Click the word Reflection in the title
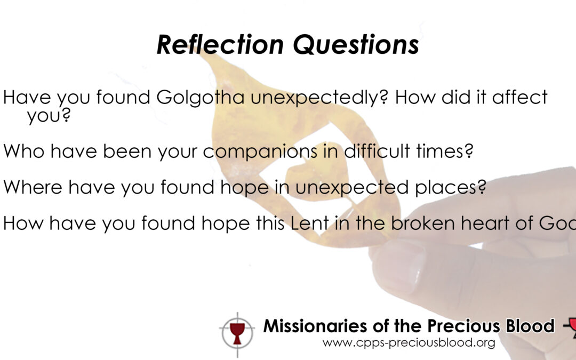coord(220,44)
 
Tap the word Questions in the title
coord(356,45)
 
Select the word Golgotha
coord(201,98)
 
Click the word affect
coord(520,97)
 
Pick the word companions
coord(260,151)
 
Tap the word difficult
coord(377,150)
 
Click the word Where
coord(33,187)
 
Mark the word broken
coord(422,223)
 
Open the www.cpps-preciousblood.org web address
coord(409,343)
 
